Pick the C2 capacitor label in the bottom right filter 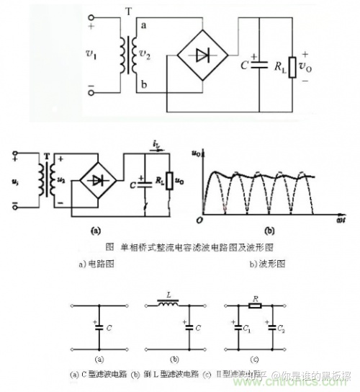[x=281, y=328]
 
